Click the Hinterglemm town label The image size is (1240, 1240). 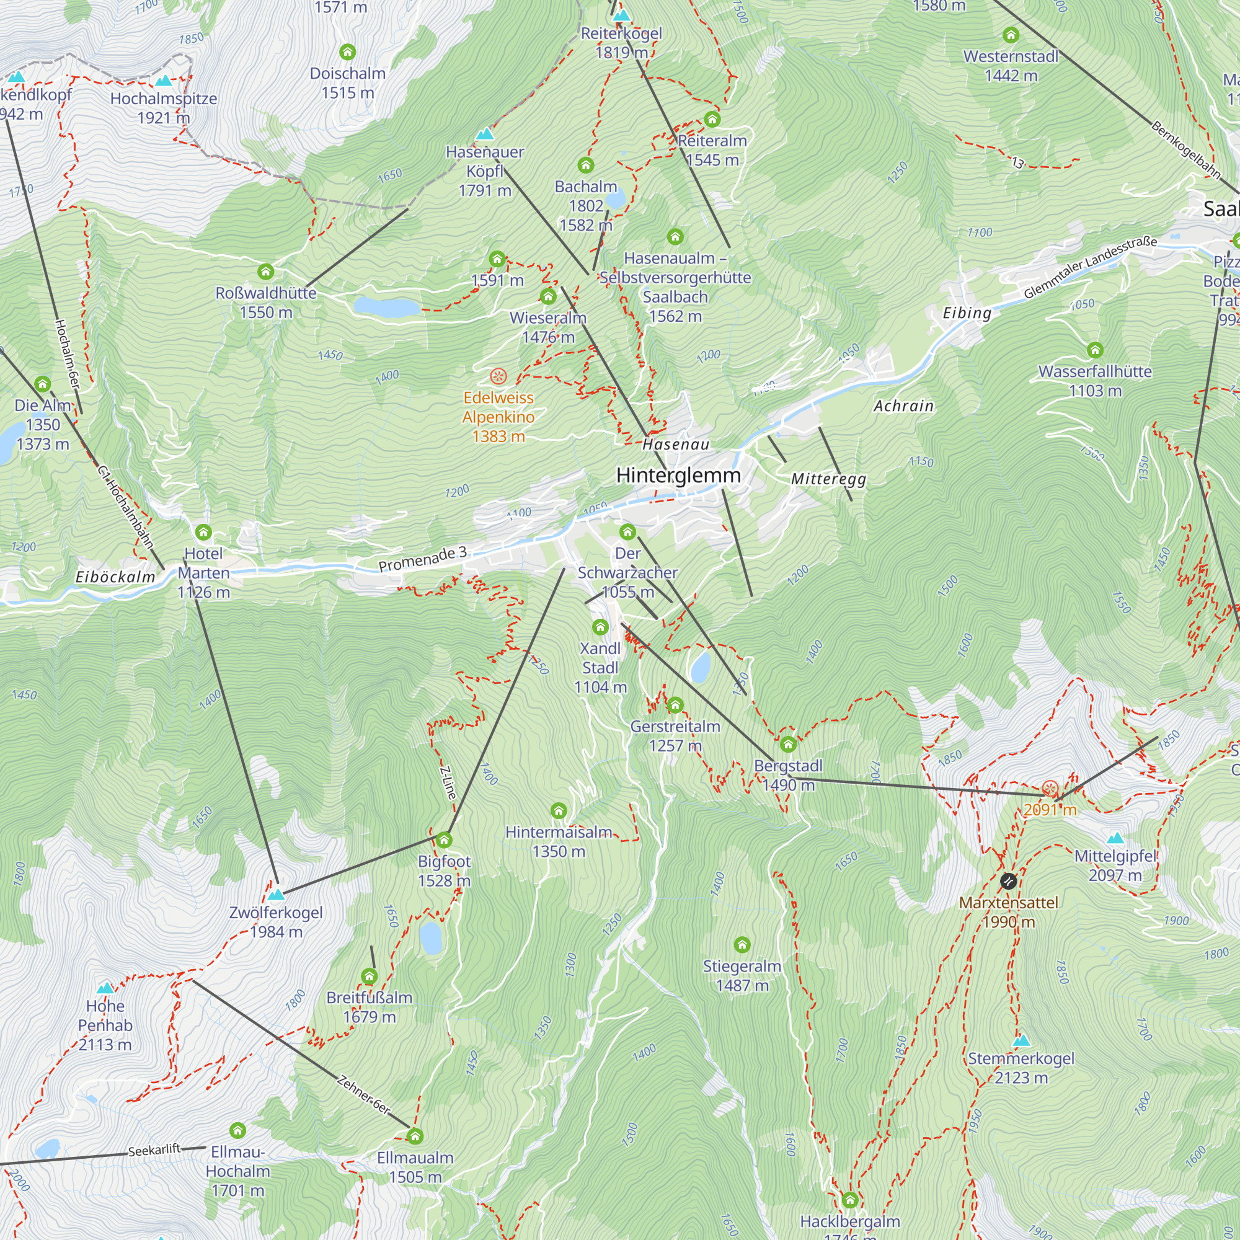pyautogui.click(x=678, y=476)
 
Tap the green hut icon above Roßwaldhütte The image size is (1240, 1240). pyautogui.click(x=266, y=272)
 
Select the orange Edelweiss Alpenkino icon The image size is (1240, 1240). pyautogui.click(x=498, y=376)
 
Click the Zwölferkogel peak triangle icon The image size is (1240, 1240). pyautogui.click(x=276, y=894)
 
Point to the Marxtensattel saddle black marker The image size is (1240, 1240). pyautogui.click(x=1008, y=881)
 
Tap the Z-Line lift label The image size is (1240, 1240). pyautogui.click(x=448, y=783)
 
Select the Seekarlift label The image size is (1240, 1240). pyautogui.click(x=154, y=1149)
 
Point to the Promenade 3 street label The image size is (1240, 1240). pyautogui.click(x=422, y=559)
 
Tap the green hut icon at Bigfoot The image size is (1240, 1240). pyautogui.click(x=444, y=840)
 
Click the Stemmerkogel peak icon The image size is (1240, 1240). pyautogui.click(x=1021, y=1040)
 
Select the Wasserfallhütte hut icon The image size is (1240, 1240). pyautogui.click(x=1095, y=350)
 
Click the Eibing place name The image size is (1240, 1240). pyautogui.click(x=967, y=313)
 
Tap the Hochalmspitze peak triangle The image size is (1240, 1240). pyautogui.click(x=164, y=81)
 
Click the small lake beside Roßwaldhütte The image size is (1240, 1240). pyautogui.click(x=386, y=308)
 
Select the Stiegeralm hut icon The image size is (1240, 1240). pyautogui.click(x=742, y=944)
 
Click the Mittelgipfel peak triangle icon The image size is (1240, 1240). pyautogui.click(x=1115, y=838)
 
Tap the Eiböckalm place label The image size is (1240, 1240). pyautogui.click(x=115, y=577)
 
